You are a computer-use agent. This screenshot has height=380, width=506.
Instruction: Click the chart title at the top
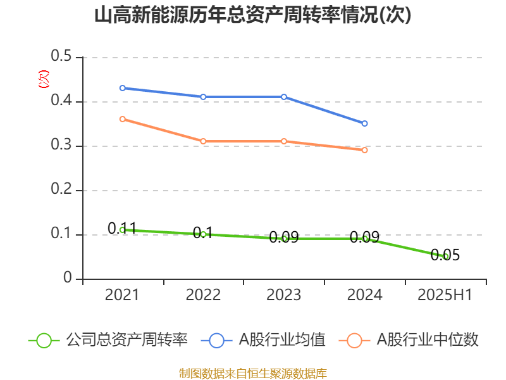pos(253,15)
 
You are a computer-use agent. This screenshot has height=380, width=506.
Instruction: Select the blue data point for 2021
pos(122,88)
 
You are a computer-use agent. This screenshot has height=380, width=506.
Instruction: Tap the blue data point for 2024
pos(365,123)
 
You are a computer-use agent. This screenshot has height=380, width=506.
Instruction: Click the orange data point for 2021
pos(122,119)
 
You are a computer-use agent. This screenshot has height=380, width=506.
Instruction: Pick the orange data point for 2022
pos(203,141)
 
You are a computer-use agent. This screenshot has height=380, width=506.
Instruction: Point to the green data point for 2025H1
pos(446,256)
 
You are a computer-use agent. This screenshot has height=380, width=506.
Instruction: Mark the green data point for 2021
pos(122,230)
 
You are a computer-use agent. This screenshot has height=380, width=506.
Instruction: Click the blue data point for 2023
pos(284,97)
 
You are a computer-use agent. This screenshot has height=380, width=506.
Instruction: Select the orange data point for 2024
pos(365,150)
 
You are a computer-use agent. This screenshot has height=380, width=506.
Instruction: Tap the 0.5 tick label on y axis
pos(62,57)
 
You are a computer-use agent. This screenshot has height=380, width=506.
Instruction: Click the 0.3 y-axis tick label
pos(62,146)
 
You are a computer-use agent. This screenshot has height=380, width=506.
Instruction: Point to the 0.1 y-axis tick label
pos(62,234)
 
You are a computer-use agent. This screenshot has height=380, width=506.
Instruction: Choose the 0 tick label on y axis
pos(68,279)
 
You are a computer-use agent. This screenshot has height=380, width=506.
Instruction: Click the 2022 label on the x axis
pos(203,295)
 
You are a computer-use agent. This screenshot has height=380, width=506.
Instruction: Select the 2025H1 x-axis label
pos(446,295)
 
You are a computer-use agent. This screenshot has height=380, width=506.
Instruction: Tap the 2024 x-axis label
pos(365,295)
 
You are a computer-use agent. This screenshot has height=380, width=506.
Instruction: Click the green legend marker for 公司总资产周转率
pos(44,340)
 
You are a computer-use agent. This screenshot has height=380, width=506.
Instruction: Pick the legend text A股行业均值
pos(282,340)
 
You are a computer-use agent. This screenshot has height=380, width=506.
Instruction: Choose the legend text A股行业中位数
pos(428,340)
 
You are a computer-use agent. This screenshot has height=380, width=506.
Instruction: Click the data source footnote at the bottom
pos(253,373)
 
